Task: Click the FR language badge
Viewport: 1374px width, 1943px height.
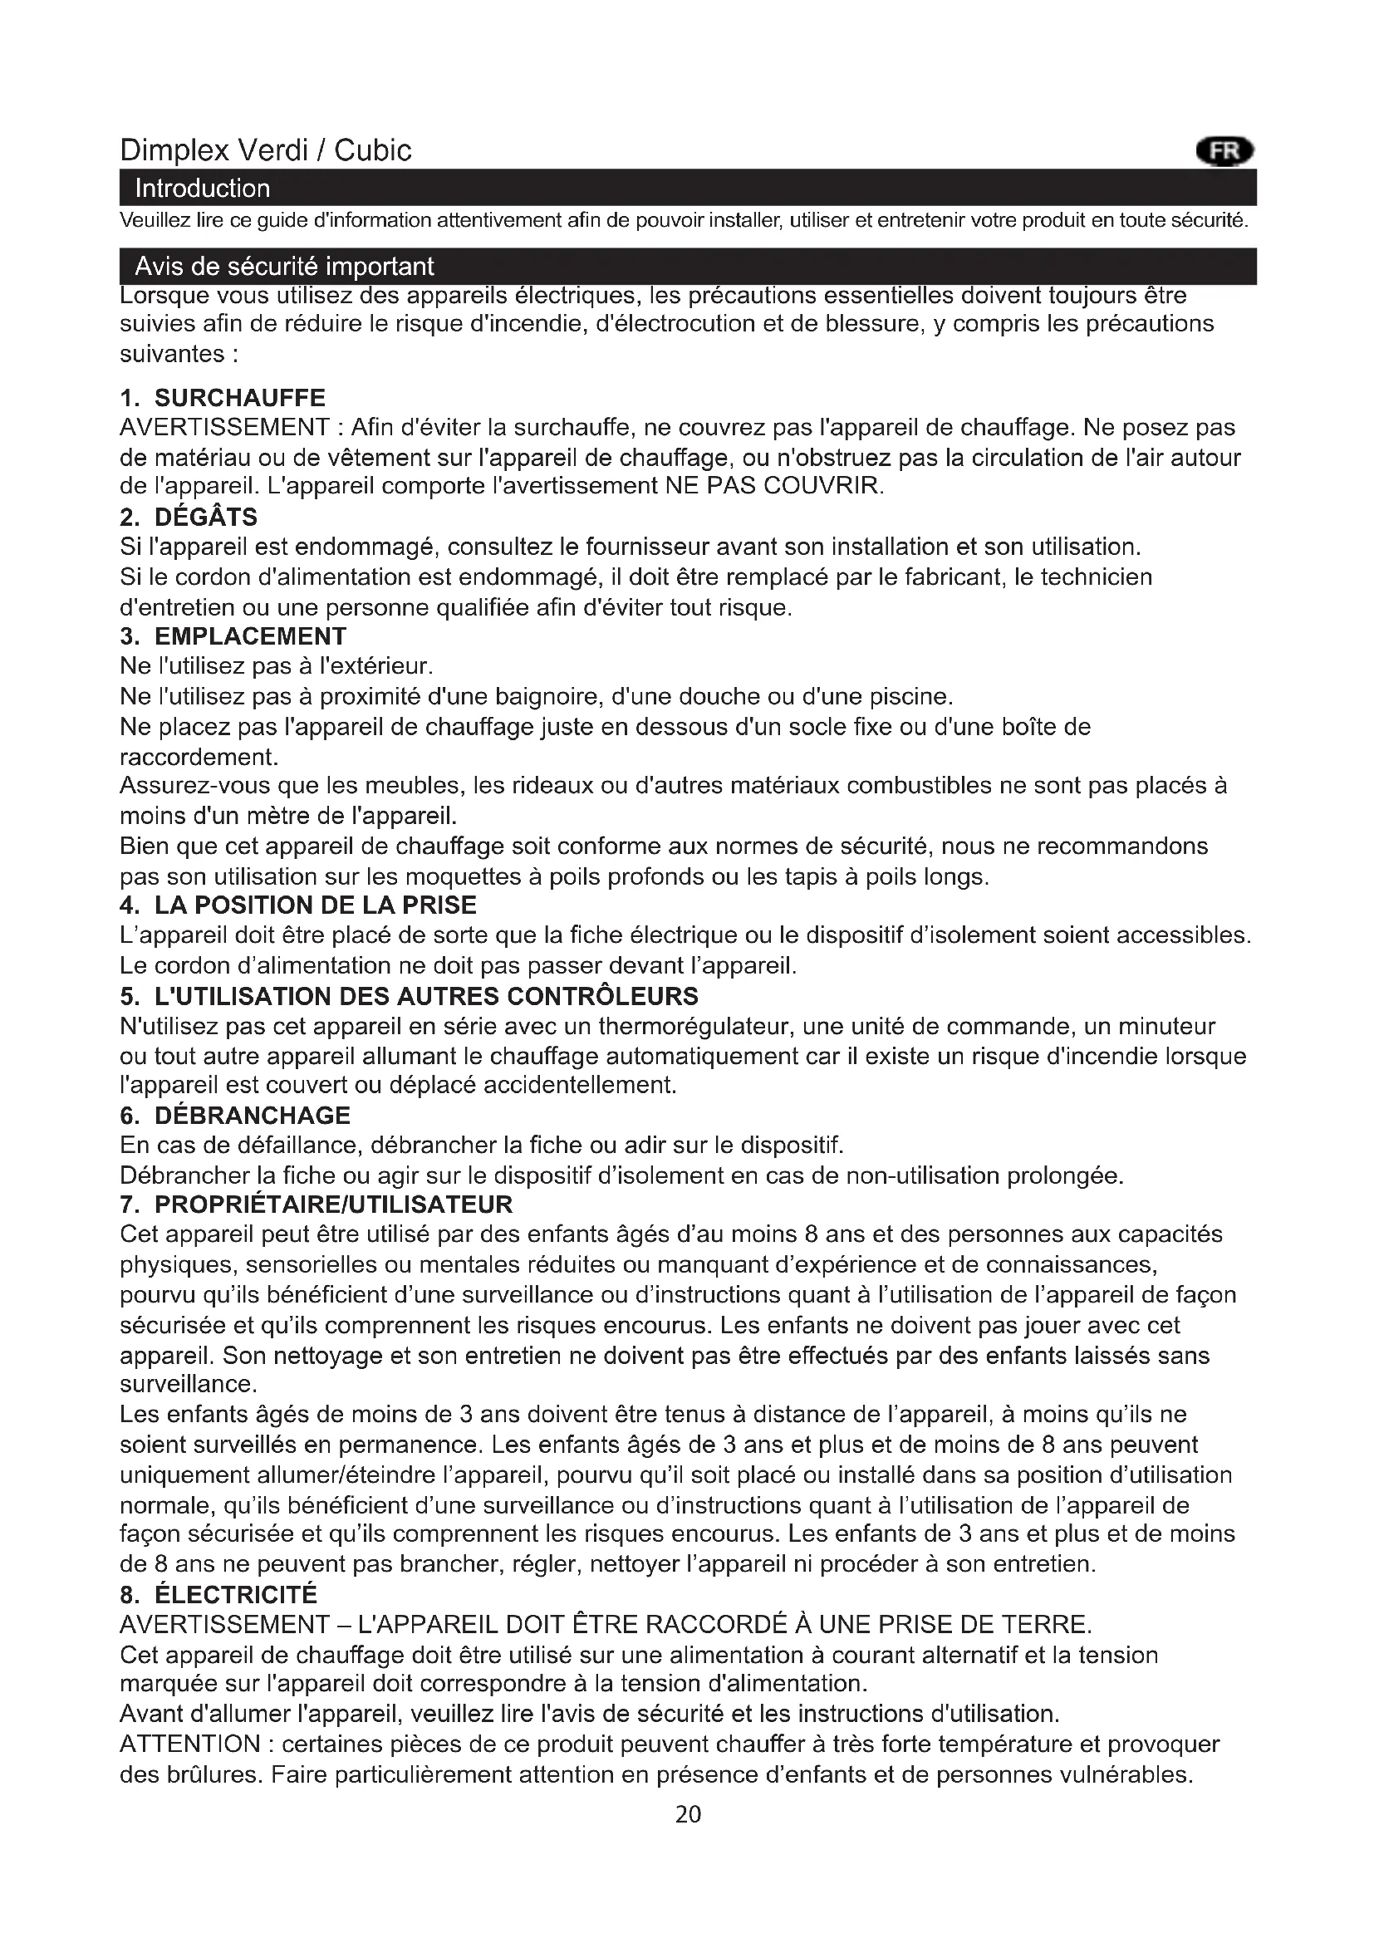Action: pyautogui.click(x=1224, y=151)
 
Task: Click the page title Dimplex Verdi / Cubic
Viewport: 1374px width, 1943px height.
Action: pyautogui.click(x=266, y=150)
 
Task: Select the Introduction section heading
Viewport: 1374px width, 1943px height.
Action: pyautogui.click(x=202, y=188)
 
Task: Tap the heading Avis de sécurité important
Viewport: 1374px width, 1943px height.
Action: pyautogui.click(x=284, y=267)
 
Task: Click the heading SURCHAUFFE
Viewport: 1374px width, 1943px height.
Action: pyautogui.click(x=239, y=398)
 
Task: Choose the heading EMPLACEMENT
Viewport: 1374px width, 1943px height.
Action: pyautogui.click(x=250, y=636)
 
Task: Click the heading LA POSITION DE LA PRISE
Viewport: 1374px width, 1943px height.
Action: pyautogui.click(x=315, y=905)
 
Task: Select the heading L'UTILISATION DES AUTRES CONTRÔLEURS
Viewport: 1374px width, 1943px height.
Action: pyautogui.click(x=425, y=996)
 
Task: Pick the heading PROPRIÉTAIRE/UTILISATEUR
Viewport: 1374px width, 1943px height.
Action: pyautogui.click(x=333, y=1205)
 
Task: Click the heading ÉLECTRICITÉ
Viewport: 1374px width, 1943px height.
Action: pyautogui.click(x=235, y=1595)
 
